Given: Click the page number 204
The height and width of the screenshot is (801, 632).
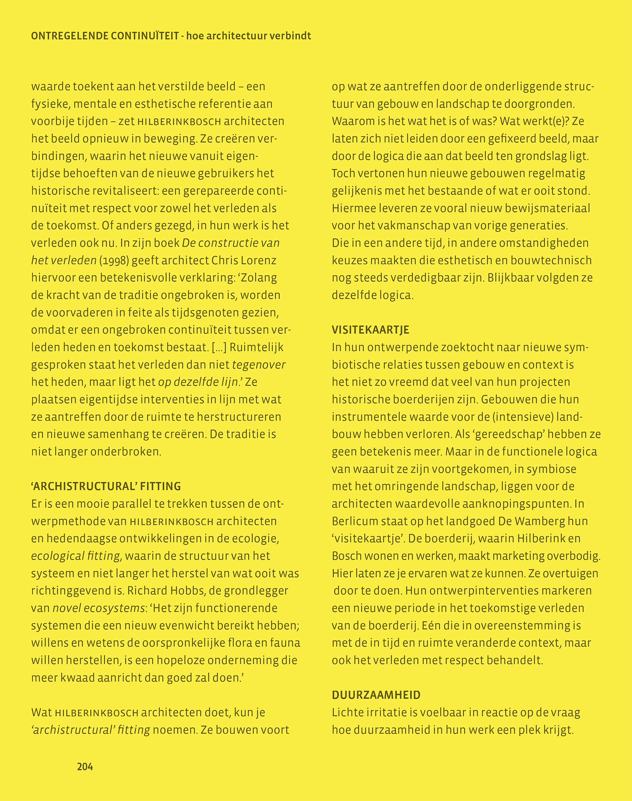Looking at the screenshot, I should (85, 767).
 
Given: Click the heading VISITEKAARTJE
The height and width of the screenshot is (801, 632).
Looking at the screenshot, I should (370, 330).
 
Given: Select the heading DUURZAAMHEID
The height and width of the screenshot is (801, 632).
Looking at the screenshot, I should (376, 695).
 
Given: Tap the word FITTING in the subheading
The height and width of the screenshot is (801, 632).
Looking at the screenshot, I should (162, 486).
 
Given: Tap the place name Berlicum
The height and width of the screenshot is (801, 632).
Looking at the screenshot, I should (353, 521).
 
